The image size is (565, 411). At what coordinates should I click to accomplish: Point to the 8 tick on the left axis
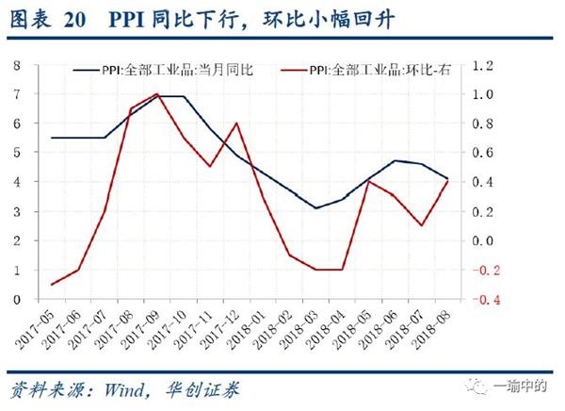[16, 65]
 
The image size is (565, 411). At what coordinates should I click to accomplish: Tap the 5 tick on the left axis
[16, 153]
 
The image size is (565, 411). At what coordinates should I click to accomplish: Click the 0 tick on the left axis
[16, 300]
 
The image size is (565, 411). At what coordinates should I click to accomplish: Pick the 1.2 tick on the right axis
[485, 65]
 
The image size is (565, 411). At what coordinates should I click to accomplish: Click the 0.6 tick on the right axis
[485, 153]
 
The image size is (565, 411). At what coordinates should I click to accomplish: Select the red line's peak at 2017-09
[156, 94]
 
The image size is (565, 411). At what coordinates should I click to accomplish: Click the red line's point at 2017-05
[51, 285]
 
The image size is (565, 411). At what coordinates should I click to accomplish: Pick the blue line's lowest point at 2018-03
[316, 207]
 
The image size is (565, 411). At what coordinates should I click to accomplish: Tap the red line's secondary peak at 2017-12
[235, 123]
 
